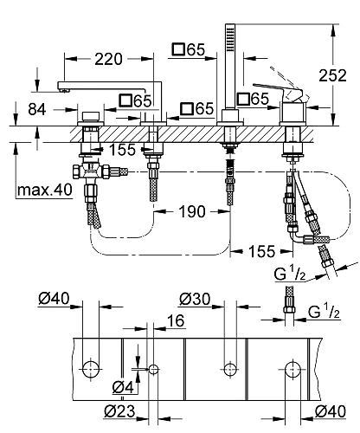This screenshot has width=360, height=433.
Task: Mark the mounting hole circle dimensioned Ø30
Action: pyautogui.click(x=229, y=367)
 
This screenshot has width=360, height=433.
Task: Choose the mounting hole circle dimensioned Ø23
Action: pyautogui.click(x=154, y=369)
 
